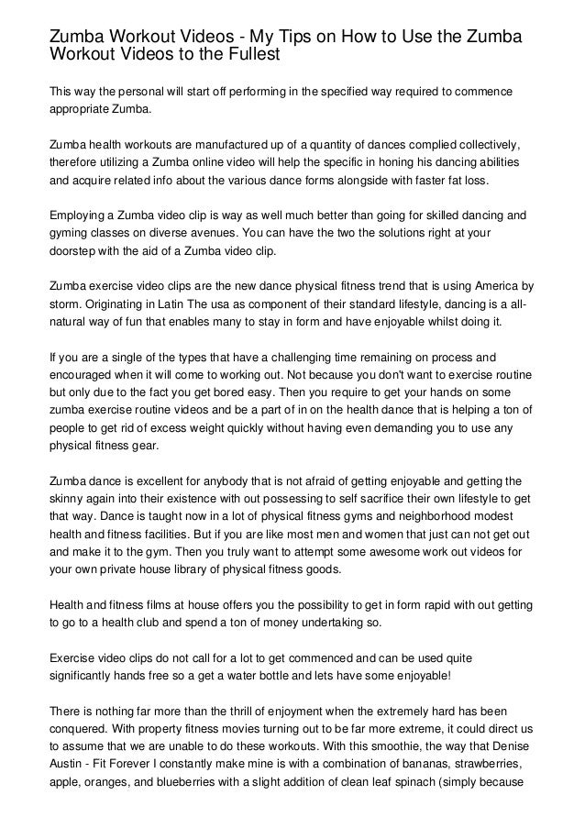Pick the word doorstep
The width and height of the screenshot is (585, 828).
point(75,251)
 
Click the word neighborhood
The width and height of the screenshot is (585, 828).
point(414,513)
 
